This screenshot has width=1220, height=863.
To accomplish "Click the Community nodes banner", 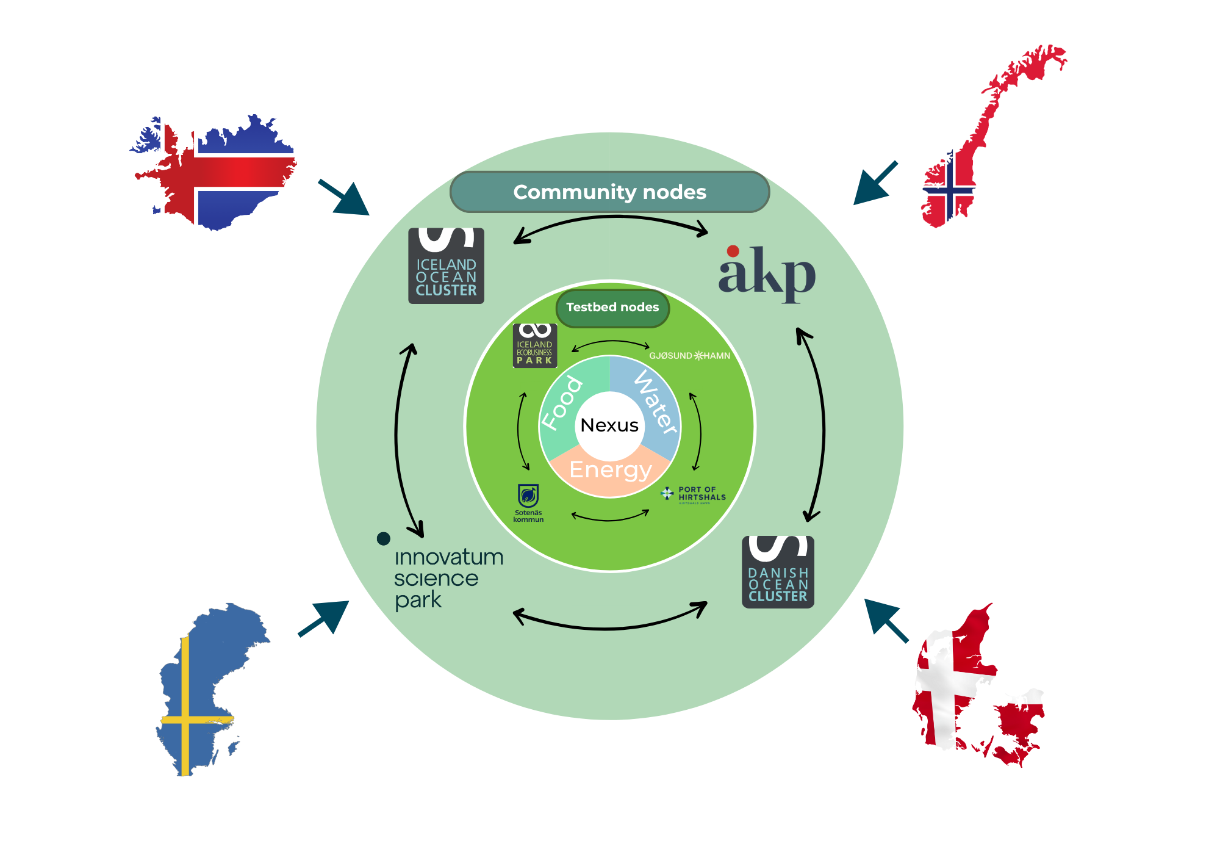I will (x=609, y=192).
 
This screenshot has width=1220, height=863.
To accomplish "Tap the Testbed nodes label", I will (x=612, y=307).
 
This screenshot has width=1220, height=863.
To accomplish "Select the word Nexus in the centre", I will (x=609, y=425).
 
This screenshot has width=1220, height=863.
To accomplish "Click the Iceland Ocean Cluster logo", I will (x=446, y=265).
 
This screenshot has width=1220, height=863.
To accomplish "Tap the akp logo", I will (x=767, y=275).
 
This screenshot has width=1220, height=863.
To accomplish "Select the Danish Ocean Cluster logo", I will (x=778, y=572).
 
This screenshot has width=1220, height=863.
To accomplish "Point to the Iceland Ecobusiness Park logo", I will (x=534, y=345).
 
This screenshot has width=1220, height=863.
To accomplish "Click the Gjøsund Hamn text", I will (x=689, y=356).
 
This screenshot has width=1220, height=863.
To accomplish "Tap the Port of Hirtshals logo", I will (x=694, y=494).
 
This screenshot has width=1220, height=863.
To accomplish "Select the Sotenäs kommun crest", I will (x=528, y=496).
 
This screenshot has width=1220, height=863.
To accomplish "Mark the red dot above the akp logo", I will (x=733, y=251).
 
